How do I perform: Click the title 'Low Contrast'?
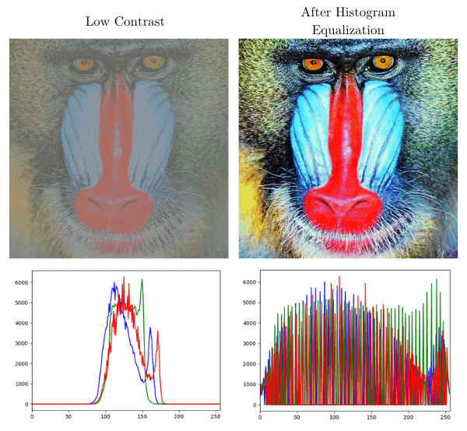click(x=125, y=21)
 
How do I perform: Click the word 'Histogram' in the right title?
click(x=373, y=13)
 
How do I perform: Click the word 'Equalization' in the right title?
click(x=348, y=30)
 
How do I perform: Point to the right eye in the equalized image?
click(x=382, y=61)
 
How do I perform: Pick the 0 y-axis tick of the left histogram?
click(x=25, y=404)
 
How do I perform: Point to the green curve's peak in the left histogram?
click(x=142, y=279)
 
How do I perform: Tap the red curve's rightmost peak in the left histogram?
click(x=157, y=332)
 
